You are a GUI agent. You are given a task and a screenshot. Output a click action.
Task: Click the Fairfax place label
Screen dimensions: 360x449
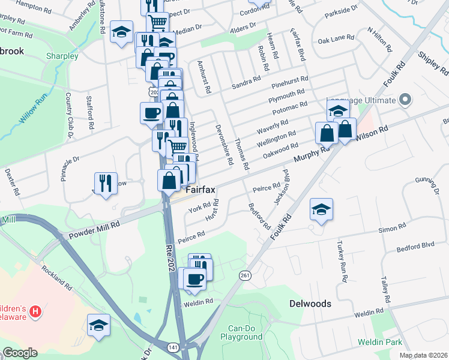point(200,190)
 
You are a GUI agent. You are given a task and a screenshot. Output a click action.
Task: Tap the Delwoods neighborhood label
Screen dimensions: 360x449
point(310,304)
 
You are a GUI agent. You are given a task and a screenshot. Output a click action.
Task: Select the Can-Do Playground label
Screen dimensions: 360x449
point(246,333)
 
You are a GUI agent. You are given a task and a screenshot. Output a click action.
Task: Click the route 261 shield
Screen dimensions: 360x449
point(244,275)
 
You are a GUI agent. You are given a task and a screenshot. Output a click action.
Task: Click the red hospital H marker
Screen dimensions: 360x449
point(36,311)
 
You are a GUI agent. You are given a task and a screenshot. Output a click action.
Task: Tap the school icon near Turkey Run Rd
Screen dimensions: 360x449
point(321,210)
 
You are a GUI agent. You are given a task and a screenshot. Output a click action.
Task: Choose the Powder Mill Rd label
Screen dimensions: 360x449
point(94,230)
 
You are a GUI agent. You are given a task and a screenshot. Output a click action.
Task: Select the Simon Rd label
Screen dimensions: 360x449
point(392,229)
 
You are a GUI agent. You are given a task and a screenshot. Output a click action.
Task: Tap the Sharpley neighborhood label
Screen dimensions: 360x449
point(62,56)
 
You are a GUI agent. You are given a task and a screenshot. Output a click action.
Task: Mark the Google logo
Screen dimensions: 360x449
point(19,353)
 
